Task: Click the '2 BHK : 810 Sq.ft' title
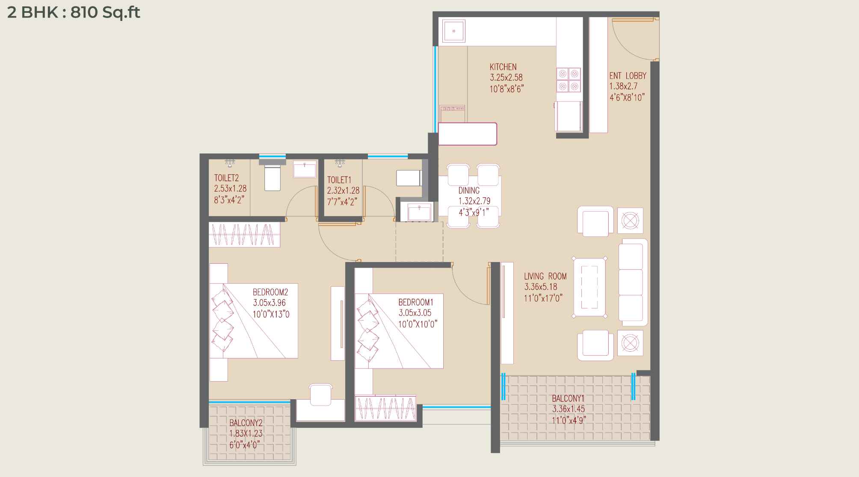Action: click(74, 13)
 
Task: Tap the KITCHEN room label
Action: click(503, 67)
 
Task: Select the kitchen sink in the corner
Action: click(453, 31)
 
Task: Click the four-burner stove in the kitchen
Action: click(569, 79)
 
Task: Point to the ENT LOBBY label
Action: click(628, 76)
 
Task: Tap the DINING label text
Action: click(469, 191)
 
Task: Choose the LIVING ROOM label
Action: click(545, 277)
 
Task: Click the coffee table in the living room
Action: click(589, 287)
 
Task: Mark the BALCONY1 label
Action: click(568, 398)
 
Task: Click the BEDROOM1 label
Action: click(416, 302)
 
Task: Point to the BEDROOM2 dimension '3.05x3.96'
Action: click(269, 303)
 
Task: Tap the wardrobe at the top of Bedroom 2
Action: click(244, 234)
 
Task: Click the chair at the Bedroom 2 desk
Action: click(321, 394)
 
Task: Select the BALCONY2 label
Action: click(246, 423)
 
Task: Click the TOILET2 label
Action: click(226, 178)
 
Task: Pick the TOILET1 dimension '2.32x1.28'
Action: click(343, 191)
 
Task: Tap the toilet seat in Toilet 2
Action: click(273, 175)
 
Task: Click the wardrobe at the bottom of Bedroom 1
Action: click(385, 409)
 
